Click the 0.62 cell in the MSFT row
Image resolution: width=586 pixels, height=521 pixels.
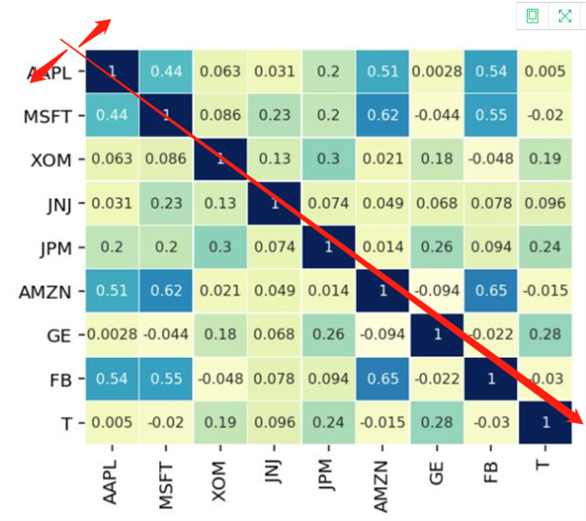384,116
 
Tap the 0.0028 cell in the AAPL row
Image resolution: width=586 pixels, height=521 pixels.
439,71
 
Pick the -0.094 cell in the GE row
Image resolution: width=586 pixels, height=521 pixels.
384,333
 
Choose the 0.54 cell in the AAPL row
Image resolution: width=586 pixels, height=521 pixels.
493,71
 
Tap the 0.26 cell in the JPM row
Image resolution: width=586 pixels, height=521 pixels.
439,246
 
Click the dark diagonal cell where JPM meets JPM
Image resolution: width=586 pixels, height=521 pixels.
331,246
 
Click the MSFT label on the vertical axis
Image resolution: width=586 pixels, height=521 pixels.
46,116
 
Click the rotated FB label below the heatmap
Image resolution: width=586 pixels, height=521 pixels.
493,464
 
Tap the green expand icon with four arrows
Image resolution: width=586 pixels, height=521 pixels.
565,16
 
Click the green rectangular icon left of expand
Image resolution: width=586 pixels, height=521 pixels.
532,16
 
